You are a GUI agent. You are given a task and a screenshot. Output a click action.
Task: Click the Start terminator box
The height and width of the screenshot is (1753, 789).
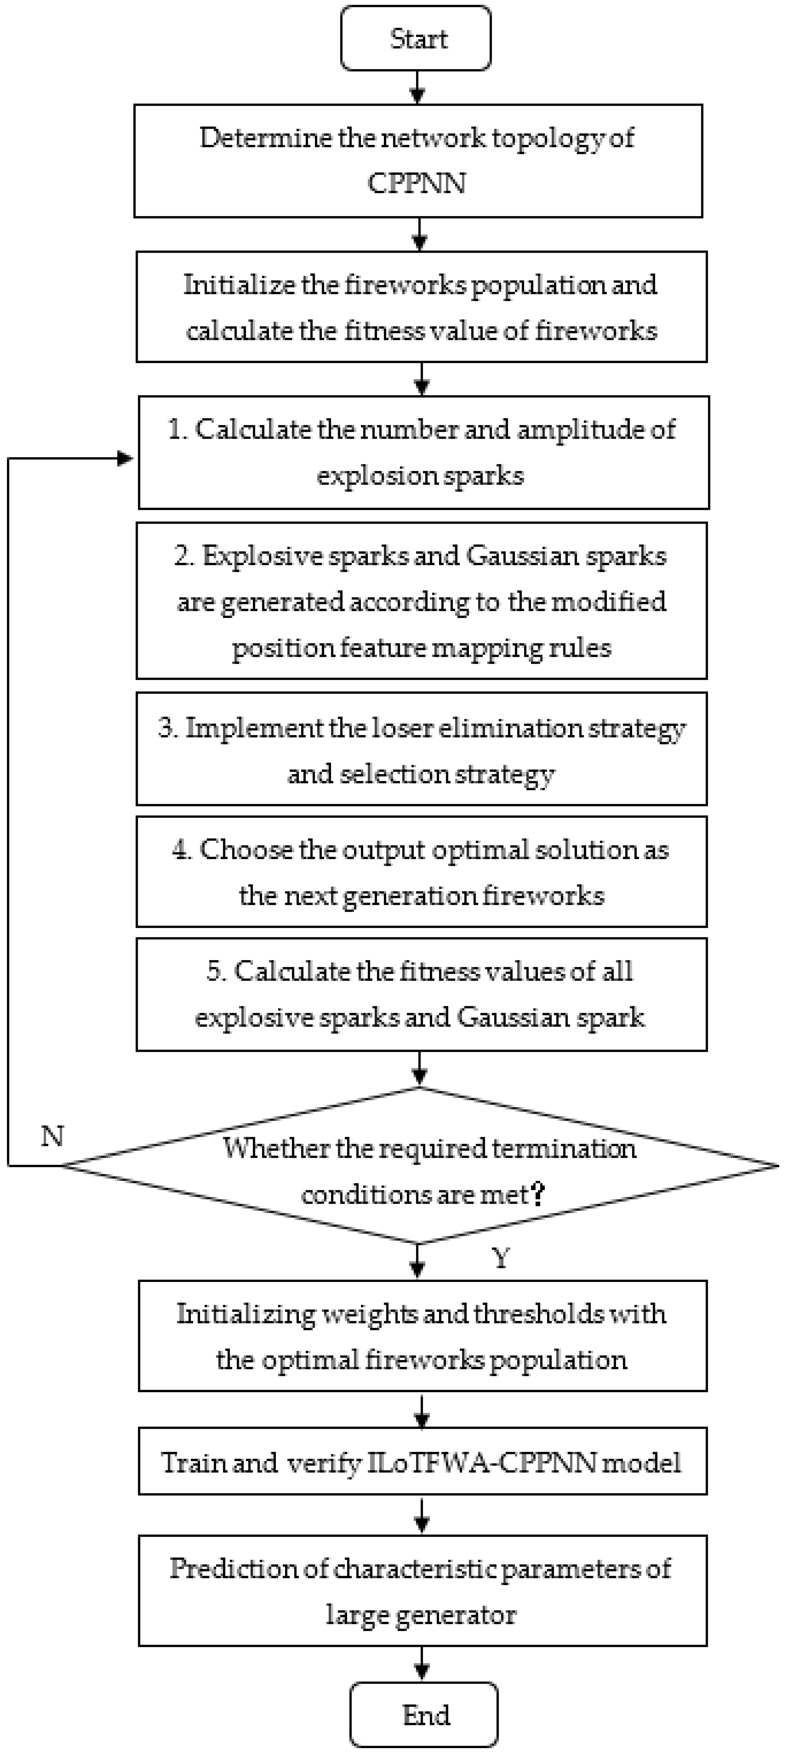click(416, 39)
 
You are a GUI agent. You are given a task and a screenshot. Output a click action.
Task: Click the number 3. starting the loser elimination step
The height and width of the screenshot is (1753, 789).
click(168, 728)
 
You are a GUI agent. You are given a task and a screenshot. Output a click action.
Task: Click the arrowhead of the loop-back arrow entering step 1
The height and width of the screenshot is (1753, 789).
click(126, 459)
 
